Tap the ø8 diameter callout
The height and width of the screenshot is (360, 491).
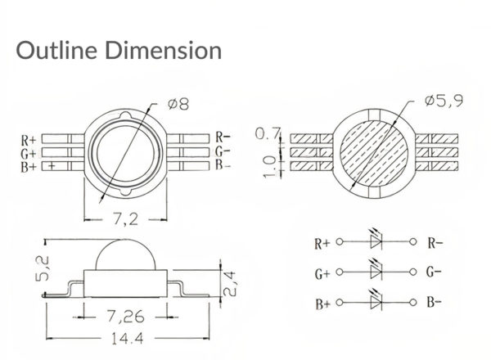coord(178,105)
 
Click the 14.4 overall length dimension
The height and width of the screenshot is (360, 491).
coord(130,337)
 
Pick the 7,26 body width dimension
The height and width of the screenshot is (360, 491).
coord(128,314)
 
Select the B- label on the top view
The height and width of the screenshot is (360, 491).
coord(224,165)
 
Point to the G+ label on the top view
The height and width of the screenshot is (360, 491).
coord(29,152)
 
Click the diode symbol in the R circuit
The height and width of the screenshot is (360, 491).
coord(377,242)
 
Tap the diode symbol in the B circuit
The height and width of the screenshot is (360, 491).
coord(377,302)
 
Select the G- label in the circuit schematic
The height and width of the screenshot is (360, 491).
coord(435,272)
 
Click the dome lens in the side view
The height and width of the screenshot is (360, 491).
coord(128,256)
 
